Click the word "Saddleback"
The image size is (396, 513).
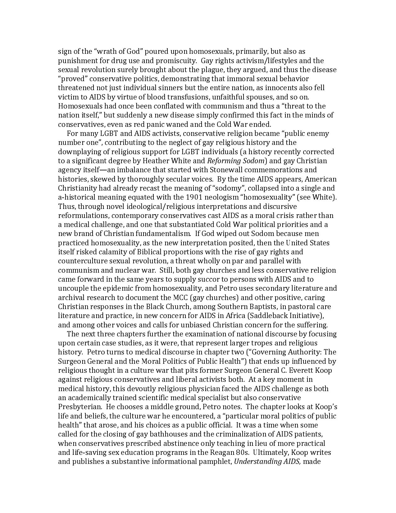269,316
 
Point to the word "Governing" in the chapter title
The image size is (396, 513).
280,352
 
